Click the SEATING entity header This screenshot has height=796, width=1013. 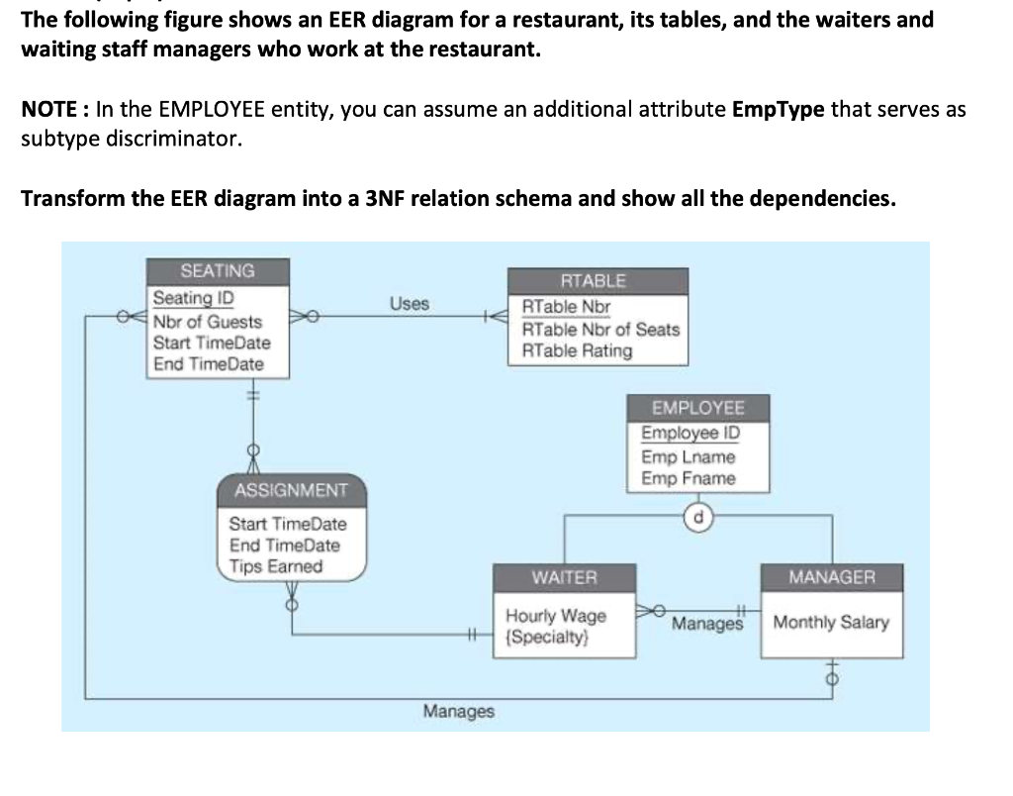pyautogui.click(x=218, y=271)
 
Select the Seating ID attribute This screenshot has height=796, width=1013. pyautogui.click(x=193, y=298)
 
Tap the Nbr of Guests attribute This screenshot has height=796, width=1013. pyautogui.click(x=208, y=321)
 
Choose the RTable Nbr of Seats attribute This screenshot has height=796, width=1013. pyautogui.click(x=600, y=329)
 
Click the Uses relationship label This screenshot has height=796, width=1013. pyautogui.click(x=409, y=303)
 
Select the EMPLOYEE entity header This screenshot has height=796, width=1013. pyautogui.click(x=697, y=408)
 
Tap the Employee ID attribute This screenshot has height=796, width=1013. pyautogui.click(x=691, y=434)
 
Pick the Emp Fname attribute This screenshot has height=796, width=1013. pyautogui.click(x=689, y=478)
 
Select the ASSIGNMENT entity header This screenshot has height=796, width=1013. pyautogui.click(x=291, y=490)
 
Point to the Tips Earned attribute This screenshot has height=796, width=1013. pyautogui.click(x=276, y=566)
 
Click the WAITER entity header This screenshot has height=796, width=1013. pyautogui.click(x=565, y=576)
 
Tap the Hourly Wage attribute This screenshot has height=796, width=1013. pyautogui.click(x=556, y=615)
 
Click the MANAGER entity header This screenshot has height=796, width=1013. pyautogui.click(x=832, y=576)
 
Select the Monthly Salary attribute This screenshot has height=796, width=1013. pyautogui.click(x=831, y=623)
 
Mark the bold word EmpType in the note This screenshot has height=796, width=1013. pyautogui.click(x=778, y=109)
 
